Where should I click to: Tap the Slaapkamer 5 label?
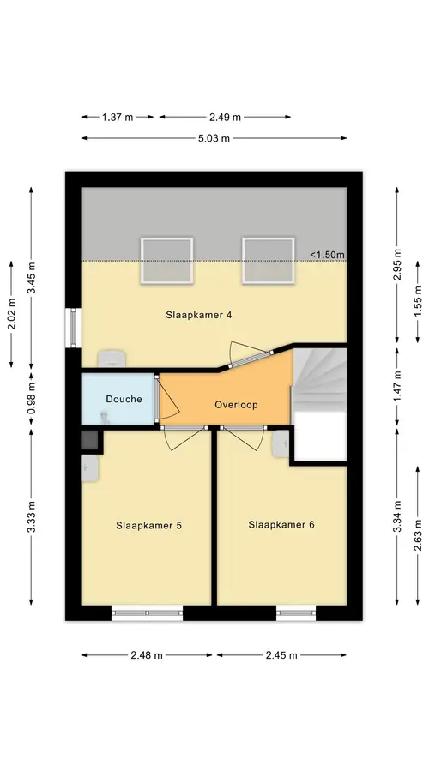click(148, 525)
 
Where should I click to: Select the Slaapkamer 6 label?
click(281, 525)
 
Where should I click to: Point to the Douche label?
click(124, 399)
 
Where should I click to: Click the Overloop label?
click(237, 405)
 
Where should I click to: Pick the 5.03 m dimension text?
click(214, 138)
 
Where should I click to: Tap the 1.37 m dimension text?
click(118, 118)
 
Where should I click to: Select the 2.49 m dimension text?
click(225, 118)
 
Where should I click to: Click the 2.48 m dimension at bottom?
click(146, 655)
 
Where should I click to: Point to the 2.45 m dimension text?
click(281, 655)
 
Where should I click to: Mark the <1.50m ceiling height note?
click(327, 255)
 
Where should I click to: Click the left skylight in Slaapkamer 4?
click(166, 261)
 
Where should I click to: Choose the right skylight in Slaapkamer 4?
click(269, 261)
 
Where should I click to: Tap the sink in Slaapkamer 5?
click(89, 468)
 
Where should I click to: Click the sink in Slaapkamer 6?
click(281, 443)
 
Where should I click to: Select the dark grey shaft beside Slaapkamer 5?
click(89, 439)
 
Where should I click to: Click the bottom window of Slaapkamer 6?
click(296, 613)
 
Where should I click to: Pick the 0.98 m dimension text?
click(31, 398)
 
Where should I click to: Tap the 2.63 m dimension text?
click(418, 535)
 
